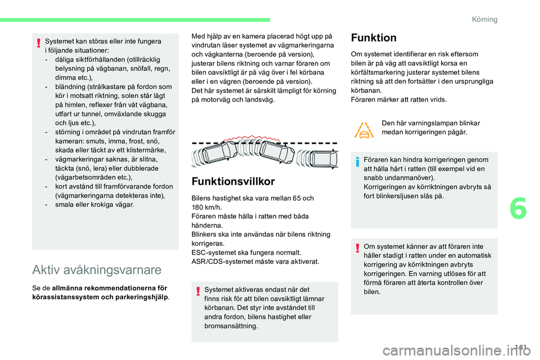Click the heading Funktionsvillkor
[x=233, y=181]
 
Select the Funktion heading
[x=373, y=38]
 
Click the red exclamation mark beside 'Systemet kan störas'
[x=39, y=42]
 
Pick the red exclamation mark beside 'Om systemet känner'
[x=358, y=247]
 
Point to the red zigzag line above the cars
[x=264, y=138]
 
